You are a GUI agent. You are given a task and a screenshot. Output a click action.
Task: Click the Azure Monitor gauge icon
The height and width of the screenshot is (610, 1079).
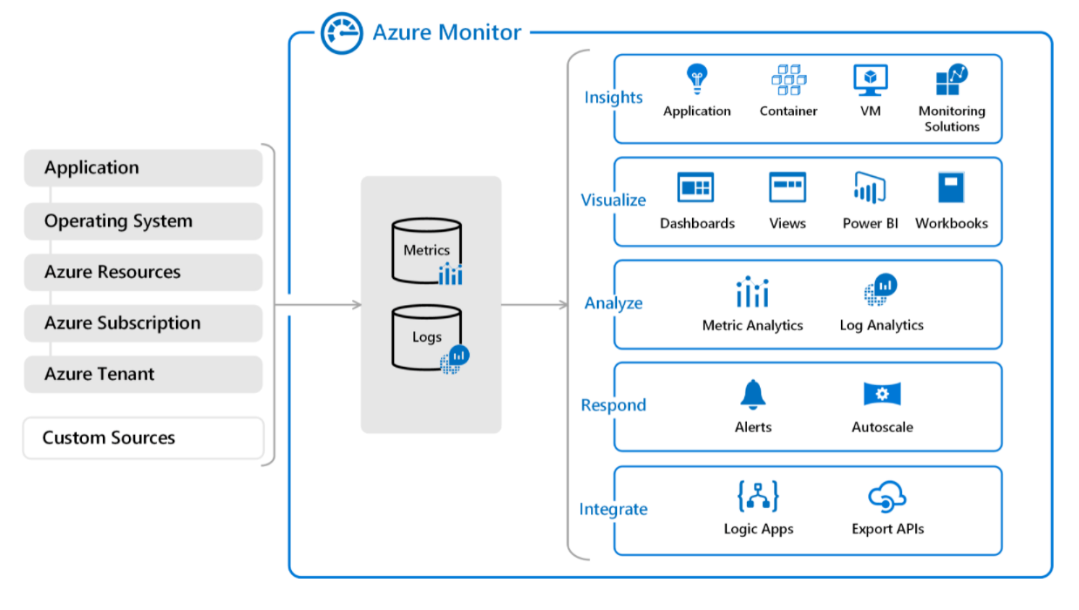coord(342,33)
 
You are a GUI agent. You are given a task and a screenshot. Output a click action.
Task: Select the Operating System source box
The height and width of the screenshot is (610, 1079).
coord(144,221)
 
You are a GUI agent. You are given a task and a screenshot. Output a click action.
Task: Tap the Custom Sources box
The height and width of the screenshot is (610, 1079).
coord(144,438)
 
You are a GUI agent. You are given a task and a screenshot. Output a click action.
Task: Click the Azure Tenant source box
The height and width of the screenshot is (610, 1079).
coord(144,374)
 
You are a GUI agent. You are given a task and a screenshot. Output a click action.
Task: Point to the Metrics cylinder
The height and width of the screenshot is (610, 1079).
coord(427,251)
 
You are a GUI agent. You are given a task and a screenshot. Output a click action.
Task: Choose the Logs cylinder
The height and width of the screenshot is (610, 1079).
coord(428,338)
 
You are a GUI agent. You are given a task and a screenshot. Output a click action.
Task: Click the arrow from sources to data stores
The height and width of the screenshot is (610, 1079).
coord(318,305)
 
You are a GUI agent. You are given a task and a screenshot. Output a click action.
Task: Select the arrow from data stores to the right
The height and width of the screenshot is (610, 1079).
coord(534,305)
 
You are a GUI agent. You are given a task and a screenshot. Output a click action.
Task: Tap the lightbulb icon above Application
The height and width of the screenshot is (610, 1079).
coord(697,79)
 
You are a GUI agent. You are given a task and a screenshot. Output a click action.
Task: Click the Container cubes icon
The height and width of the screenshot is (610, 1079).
coord(789,80)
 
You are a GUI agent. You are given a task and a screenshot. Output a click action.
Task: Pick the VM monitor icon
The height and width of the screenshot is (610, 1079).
coord(871,80)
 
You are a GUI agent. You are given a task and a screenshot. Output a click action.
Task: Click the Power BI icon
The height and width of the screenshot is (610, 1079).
coord(870,187)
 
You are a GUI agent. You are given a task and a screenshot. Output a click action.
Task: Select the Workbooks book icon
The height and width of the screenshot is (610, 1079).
coord(952,187)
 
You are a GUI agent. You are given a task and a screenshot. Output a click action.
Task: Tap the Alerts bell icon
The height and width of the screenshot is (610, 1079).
coord(753,395)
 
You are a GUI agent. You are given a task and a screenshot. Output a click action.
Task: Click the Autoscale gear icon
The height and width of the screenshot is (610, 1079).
coord(882,394)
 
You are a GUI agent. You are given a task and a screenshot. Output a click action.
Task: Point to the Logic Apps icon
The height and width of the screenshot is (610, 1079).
coord(758,496)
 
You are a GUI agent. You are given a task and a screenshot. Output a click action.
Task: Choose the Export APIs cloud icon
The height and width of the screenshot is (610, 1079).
coord(887,497)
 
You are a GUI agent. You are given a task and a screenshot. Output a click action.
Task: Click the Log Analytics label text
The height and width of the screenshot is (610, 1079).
coord(881,325)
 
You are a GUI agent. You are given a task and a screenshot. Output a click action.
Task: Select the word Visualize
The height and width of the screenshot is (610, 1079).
coord(614,200)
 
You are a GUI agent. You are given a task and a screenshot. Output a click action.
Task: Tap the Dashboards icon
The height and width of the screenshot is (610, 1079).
coord(696,187)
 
